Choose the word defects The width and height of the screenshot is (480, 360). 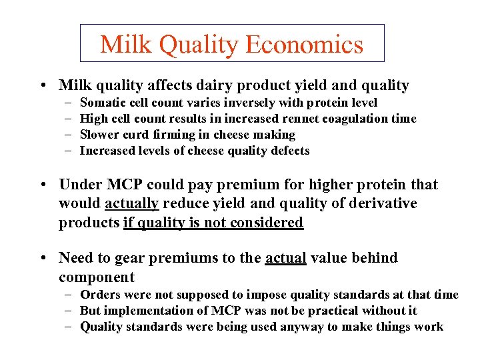click(289, 151)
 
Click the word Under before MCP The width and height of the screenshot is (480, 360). click(79, 185)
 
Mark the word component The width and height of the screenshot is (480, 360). click(97, 277)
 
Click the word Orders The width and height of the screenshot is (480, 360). click(100, 295)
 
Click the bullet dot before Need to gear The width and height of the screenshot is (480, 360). click(42, 258)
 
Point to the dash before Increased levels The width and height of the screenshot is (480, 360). click(69, 151)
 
